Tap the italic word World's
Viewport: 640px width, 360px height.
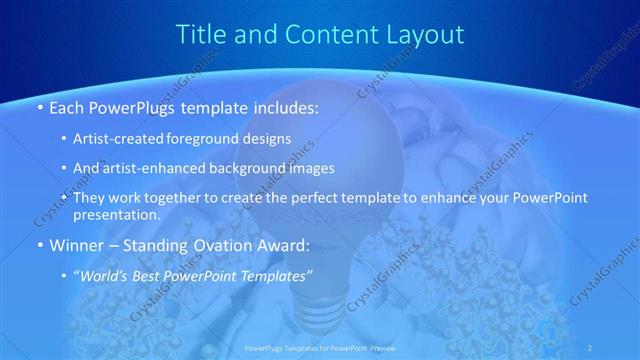108,272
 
